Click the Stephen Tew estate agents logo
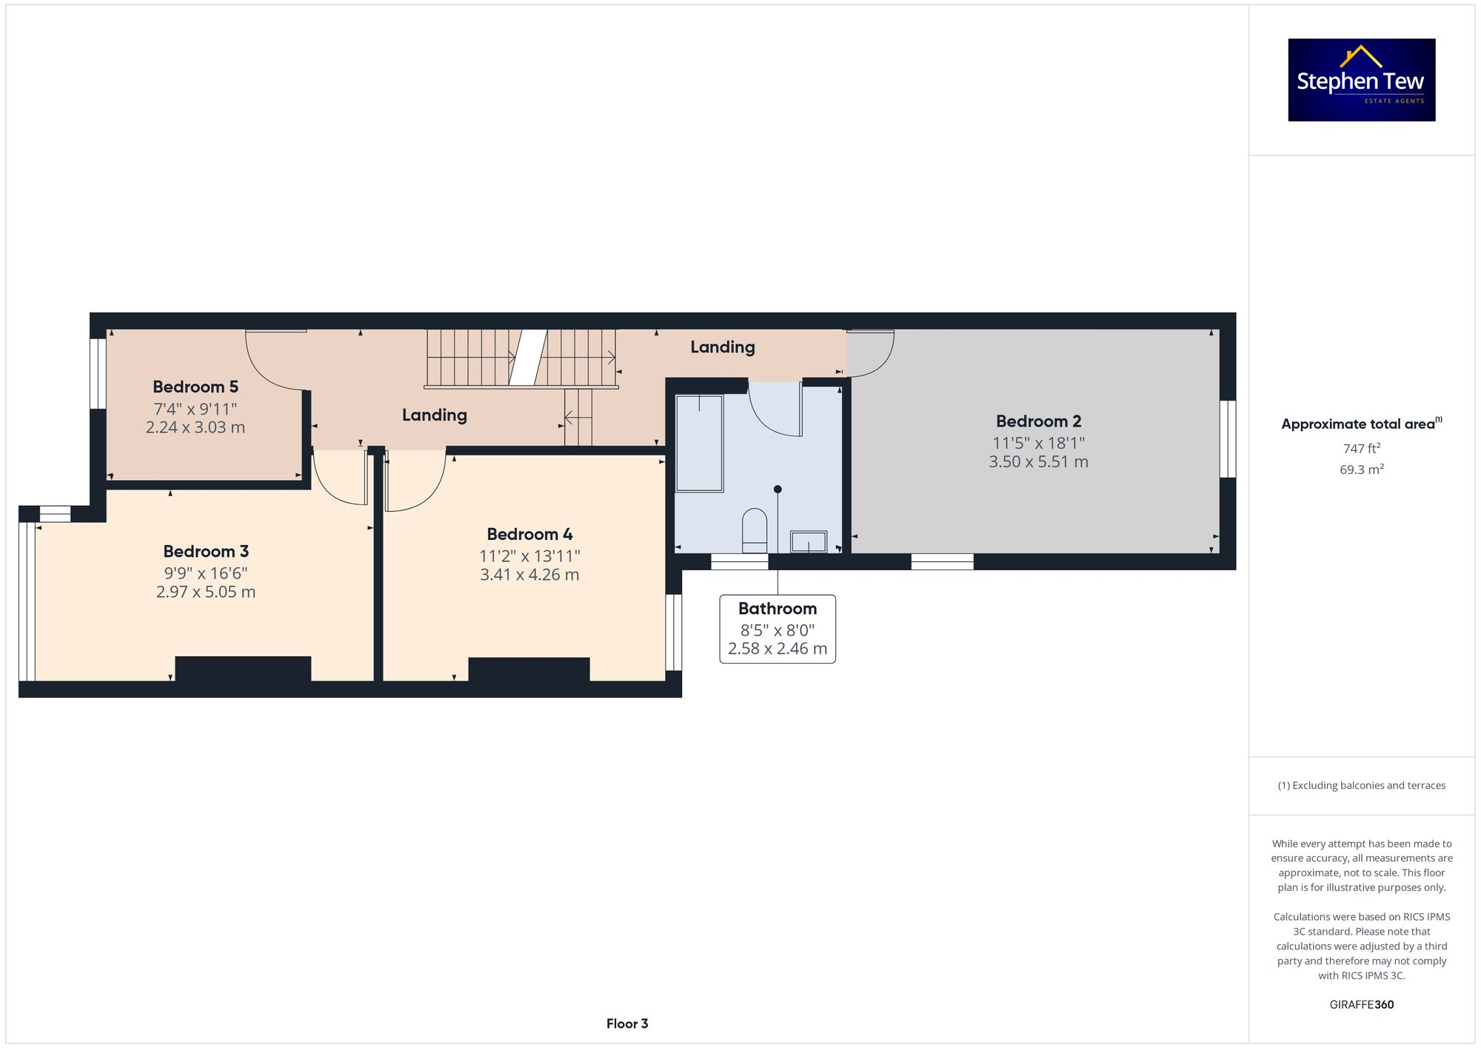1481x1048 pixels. [x=1361, y=80]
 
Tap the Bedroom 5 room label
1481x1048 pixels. [x=195, y=387]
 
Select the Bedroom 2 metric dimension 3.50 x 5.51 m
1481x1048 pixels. [x=1038, y=462]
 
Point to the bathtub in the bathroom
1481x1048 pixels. [x=699, y=443]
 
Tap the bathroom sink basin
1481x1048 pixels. [x=808, y=541]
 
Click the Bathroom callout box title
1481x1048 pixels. [x=778, y=609]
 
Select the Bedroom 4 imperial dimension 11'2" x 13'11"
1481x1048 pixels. [x=529, y=556]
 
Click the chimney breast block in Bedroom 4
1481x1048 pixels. [x=529, y=670]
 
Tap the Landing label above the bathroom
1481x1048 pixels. [x=723, y=347]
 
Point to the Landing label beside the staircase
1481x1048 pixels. [x=435, y=415]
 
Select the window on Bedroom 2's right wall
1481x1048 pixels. [x=1228, y=439]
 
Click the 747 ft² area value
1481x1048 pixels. [x=1361, y=448]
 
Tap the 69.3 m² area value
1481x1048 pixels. [x=1361, y=470]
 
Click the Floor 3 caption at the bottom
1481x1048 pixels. [x=627, y=1024]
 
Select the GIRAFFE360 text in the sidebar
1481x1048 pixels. [x=1361, y=1005]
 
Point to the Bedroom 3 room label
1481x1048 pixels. [x=206, y=552]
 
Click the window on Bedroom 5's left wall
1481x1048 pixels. [x=98, y=373]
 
